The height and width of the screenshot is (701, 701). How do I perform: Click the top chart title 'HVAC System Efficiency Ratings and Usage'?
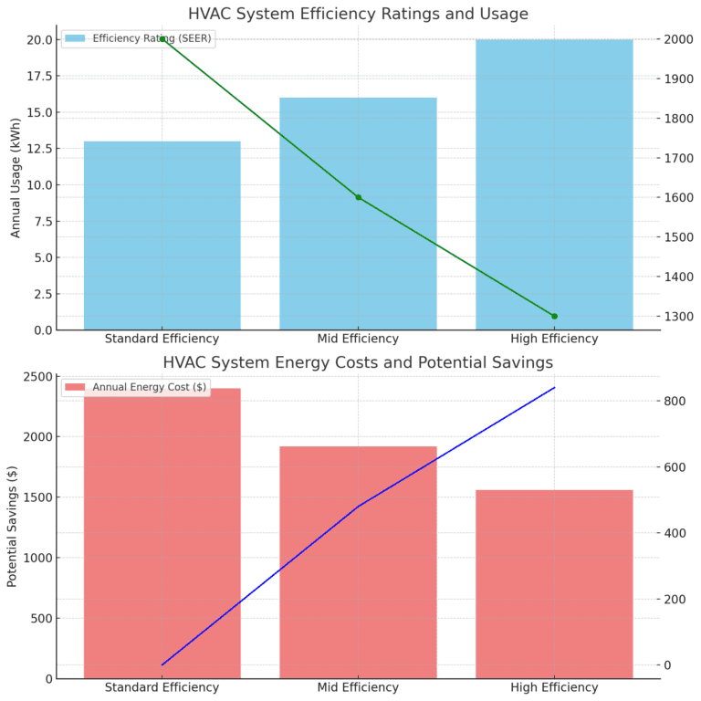[358, 14]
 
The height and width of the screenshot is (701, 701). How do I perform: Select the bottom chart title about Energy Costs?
[358, 362]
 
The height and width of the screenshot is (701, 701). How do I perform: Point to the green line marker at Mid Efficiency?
[358, 197]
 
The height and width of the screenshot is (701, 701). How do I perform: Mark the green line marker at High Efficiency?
[554, 316]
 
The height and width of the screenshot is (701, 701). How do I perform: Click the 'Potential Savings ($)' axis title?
[13, 526]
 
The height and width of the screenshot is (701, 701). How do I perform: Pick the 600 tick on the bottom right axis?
[675, 467]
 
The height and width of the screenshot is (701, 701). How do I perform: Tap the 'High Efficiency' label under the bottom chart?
[554, 687]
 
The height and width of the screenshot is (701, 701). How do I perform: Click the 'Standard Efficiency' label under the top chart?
[162, 339]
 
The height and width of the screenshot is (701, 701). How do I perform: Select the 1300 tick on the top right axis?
[678, 317]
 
